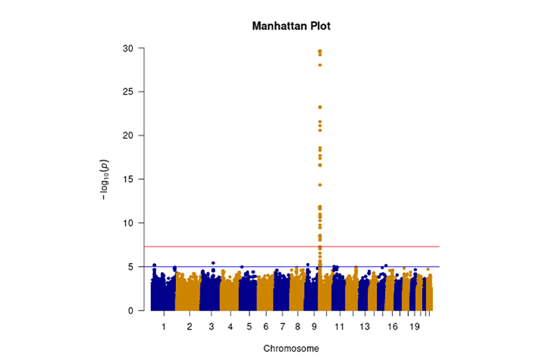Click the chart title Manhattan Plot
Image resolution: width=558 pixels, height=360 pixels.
(291, 27)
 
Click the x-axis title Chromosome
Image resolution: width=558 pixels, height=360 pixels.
(291, 349)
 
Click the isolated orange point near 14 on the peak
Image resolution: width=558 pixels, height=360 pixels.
(320, 185)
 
